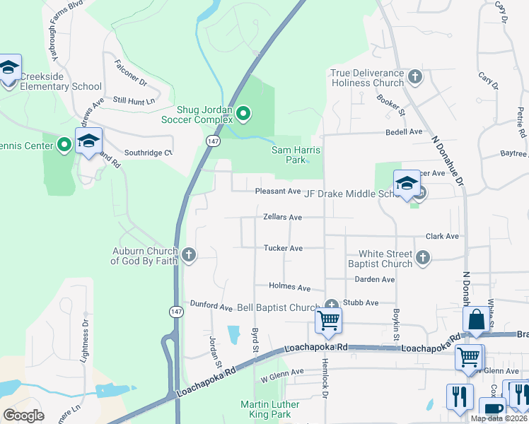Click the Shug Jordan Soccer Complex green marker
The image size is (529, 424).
click(244, 113)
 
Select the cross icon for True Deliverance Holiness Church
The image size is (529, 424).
click(415, 76)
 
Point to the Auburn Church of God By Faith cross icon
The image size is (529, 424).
click(188, 254)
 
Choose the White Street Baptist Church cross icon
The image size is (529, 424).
click(423, 258)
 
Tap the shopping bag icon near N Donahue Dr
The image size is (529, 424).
click(477, 319)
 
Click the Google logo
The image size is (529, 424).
click(23, 415)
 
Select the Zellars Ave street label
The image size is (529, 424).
click(282, 218)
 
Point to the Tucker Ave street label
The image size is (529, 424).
click(283, 248)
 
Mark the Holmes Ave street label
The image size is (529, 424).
click(290, 288)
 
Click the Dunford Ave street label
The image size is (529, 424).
click(211, 307)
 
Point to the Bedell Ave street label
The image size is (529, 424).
click(403, 132)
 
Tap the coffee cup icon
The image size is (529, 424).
click(492, 410)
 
